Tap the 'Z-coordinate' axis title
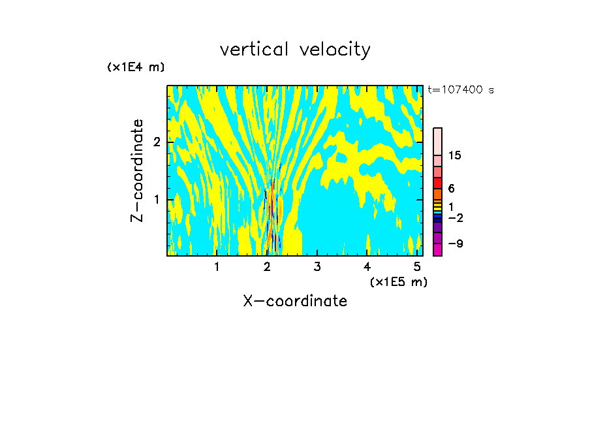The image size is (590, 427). (x=137, y=170)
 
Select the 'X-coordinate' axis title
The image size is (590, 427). (x=295, y=301)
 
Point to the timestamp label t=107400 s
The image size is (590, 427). (x=460, y=90)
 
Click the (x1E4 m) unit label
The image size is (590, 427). (x=136, y=67)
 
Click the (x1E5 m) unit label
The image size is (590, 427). (x=398, y=281)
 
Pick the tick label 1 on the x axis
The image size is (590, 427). (x=217, y=266)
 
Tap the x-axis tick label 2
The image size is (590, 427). (x=267, y=266)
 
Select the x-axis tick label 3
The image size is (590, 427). (x=317, y=266)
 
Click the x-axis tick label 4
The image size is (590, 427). (x=367, y=266)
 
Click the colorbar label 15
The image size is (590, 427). (x=455, y=155)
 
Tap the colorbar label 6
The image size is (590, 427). (x=451, y=189)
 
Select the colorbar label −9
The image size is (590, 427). (x=455, y=244)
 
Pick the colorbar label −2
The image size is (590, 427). (x=455, y=218)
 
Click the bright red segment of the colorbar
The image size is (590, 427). (x=437, y=183)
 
